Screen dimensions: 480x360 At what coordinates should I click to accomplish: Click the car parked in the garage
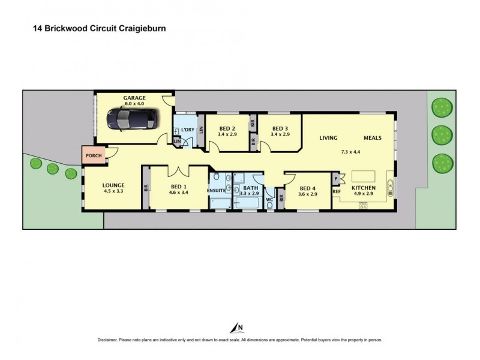point(132,119)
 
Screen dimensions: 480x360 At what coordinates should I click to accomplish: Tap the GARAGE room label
point(134,98)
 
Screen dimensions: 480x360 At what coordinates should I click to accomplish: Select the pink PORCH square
point(94,155)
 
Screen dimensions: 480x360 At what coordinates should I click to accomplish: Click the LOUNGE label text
point(113,185)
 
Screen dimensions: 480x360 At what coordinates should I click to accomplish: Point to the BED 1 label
point(178,187)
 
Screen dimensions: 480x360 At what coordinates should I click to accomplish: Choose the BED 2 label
point(227,128)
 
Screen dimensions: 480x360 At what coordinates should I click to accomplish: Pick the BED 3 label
point(280,128)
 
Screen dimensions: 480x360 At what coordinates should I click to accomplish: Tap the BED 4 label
point(307,188)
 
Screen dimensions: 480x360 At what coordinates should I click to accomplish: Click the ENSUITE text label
point(216,190)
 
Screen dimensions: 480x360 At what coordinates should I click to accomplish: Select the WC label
point(269,200)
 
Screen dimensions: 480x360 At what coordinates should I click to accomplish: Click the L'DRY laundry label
point(188,130)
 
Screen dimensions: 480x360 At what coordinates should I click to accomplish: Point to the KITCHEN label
point(364,188)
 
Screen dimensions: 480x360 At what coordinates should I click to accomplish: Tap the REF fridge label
point(337,191)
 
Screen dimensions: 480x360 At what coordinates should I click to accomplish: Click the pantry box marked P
point(336,179)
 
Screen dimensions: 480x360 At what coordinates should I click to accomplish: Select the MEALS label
point(373,138)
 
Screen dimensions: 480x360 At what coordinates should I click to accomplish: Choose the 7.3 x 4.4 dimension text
point(350,152)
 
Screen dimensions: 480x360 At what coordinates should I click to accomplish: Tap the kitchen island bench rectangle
point(364,176)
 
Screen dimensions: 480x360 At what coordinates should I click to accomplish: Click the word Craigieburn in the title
point(142,28)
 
